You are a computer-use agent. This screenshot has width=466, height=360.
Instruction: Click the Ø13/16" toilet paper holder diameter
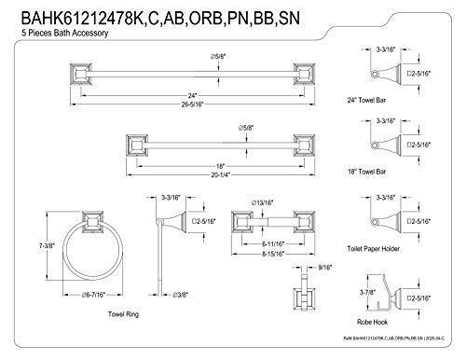[x=263, y=200]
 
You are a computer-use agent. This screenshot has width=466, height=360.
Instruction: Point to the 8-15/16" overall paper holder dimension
[x=266, y=252]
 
